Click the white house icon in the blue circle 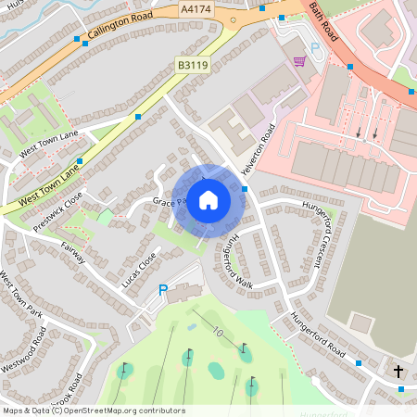click(x=208, y=200)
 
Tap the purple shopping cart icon click(x=299, y=61)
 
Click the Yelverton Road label click(x=259, y=151)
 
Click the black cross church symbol click(x=398, y=371)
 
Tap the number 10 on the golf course click(x=217, y=331)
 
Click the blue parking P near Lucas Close click(x=163, y=291)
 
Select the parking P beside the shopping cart click(x=315, y=47)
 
